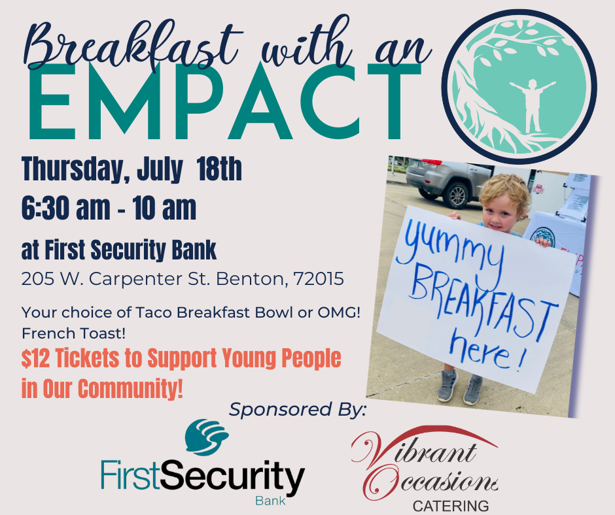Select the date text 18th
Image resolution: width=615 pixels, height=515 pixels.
219,169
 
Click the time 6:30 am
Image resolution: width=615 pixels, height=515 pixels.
66,208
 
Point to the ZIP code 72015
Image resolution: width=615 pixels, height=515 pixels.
319,279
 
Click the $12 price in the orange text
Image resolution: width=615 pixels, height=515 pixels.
36,359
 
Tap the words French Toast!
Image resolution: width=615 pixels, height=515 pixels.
74,333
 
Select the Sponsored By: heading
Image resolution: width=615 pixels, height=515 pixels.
298,410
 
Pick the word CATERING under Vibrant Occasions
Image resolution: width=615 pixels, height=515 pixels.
451,506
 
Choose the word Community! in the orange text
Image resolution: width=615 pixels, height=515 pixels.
130,388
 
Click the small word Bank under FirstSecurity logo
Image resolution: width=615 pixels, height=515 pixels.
270,501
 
